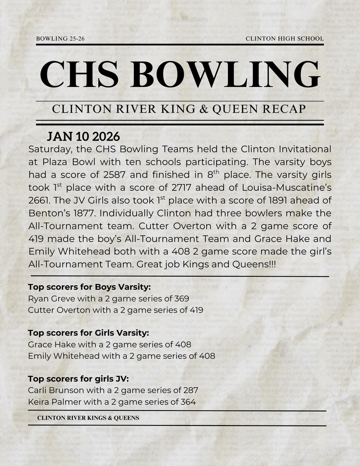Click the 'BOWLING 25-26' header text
pos(60,39)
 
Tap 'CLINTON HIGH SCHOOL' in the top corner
pos(284,39)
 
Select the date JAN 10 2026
pos(83,137)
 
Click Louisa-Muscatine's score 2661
pos(40,200)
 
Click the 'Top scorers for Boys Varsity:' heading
pos(89,287)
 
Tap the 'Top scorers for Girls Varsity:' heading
pos(88,333)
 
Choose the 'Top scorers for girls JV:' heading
pos(78,379)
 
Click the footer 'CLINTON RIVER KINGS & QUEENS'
pos(88,418)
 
